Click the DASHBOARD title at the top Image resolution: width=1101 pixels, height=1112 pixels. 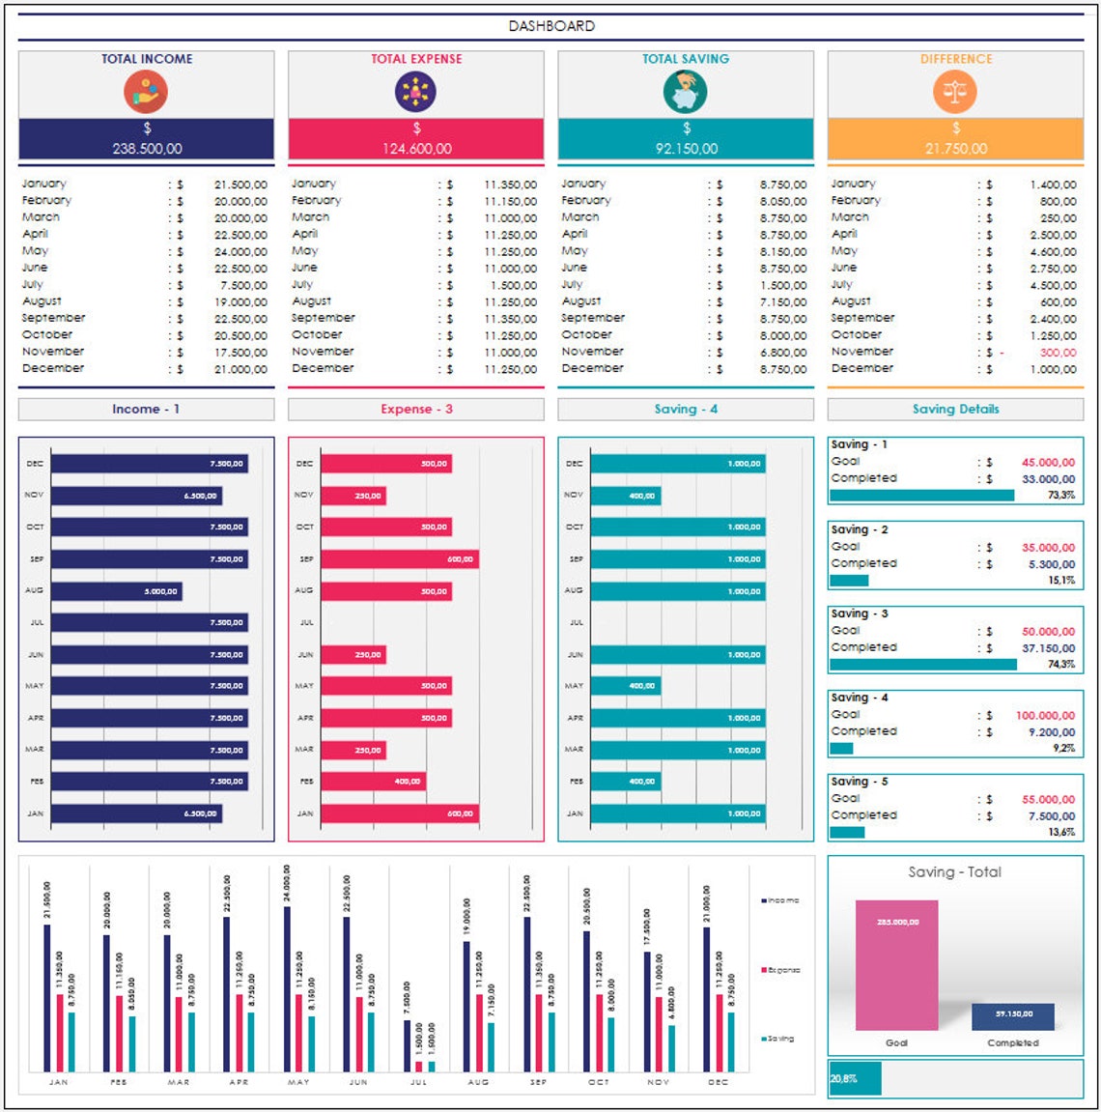[551, 26]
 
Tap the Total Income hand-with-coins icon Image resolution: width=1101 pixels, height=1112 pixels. [146, 93]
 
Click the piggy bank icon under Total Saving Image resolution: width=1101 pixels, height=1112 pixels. [685, 93]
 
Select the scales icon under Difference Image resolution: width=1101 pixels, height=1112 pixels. [955, 93]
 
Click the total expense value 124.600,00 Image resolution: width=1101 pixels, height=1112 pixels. [416, 149]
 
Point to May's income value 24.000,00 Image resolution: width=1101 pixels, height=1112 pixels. [240, 251]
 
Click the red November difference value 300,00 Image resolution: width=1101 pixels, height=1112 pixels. [1058, 353]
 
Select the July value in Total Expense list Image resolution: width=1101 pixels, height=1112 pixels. [512, 285]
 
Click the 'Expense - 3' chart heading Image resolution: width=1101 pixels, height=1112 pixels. [416, 410]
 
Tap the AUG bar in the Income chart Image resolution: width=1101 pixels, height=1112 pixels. [116, 591]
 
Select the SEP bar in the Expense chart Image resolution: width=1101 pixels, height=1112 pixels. [399, 559]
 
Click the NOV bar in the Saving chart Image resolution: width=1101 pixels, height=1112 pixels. [625, 496]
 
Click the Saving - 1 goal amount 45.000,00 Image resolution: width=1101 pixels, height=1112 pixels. [1048, 463]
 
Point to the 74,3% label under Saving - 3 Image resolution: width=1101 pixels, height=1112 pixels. [1060, 665]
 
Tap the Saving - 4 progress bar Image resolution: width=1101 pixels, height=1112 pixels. [841, 748]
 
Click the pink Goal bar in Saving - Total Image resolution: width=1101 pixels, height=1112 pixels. [896, 966]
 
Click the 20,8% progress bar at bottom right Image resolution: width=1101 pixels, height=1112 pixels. [855, 1078]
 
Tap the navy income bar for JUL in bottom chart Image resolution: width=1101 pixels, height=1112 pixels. [408, 1045]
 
